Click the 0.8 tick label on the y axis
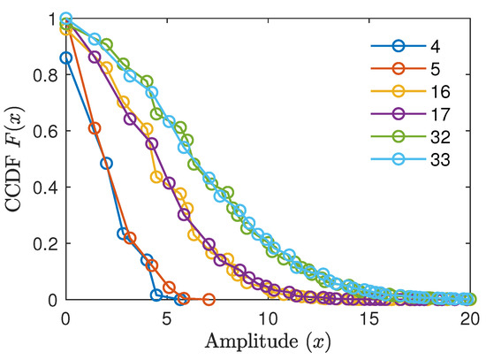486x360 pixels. (x=46, y=75)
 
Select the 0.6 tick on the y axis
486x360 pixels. (x=46, y=132)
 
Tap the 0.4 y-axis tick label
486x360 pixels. (x=46, y=188)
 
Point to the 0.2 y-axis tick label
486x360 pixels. (x=46, y=244)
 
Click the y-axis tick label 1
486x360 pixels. (x=54, y=19)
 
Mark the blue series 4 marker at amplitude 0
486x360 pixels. (x=66, y=57)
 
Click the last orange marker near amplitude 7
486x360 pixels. (x=209, y=300)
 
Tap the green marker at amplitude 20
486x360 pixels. (x=469, y=300)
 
